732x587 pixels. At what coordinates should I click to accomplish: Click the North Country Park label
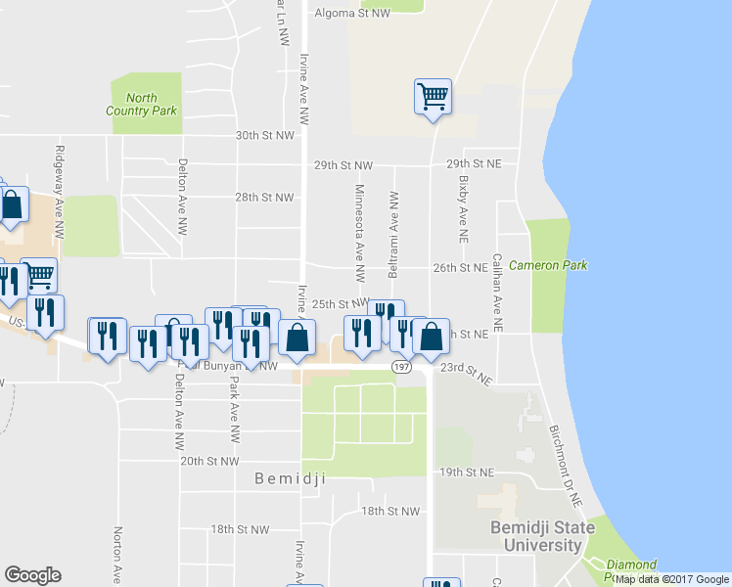pyautogui.click(x=142, y=104)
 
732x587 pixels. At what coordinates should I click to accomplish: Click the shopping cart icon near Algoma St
pyautogui.click(x=433, y=97)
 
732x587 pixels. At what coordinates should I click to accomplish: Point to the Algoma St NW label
pyautogui.click(x=352, y=14)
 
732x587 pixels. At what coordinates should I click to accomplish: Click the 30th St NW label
pyautogui.click(x=264, y=135)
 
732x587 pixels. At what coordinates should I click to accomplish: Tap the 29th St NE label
pyautogui.click(x=473, y=163)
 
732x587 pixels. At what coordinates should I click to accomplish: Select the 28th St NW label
pyautogui.click(x=264, y=197)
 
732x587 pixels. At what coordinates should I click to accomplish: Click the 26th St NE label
pyautogui.click(x=460, y=267)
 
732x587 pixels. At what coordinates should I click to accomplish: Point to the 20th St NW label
pyautogui.click(x=209, y=461)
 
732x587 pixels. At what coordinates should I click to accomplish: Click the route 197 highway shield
pyautogui.click(x=401, y=366)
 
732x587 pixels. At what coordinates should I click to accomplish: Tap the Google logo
pyautogui.click(x=32, y=575)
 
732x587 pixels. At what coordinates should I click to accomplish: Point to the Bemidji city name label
pyautogui.click(x=289, y=479)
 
